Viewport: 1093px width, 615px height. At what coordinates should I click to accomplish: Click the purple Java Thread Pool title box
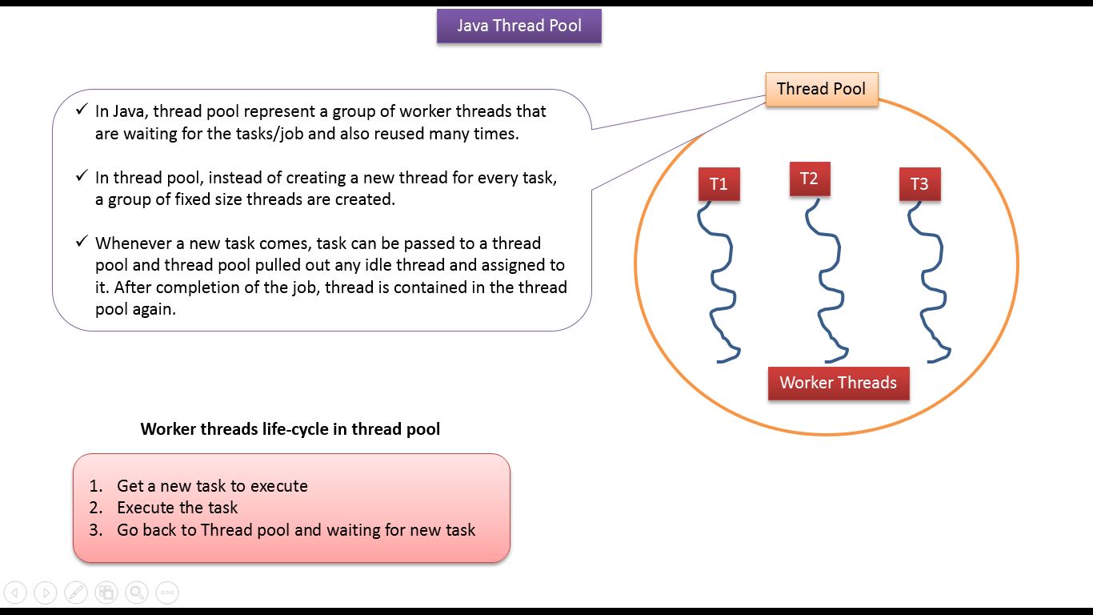pyautogui.click(x=518, y=26)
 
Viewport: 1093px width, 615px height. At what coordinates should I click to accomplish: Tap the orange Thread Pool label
pyautogui.click(x=821, y=89)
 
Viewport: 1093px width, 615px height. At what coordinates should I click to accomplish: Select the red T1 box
pyautogui.click(x=719, y=184)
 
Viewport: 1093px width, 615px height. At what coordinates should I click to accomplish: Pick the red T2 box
pyautogui.click(x=809, y=179)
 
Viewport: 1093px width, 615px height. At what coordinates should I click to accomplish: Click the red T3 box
pyautogui.click(x=919, y=184)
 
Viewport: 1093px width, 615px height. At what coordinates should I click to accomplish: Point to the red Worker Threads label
pyautogui.click(x=838, y=383)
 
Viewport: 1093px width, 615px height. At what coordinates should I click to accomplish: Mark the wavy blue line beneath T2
pyautogui.click(x=829, y=280)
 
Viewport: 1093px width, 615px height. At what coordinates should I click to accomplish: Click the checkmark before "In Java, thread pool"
pyautogui.click(x=82, y=109)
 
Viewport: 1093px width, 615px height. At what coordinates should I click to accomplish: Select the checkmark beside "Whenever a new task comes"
pyautogui.click(x=82, y=241)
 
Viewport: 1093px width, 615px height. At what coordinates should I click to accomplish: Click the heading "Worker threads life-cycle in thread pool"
pyautogui.click(x=290, y=429)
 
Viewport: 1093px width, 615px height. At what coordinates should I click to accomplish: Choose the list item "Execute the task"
pyautogui.click(x=177, y=508)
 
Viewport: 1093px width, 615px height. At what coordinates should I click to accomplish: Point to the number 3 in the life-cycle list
pyautogui.click(x=95, y=530)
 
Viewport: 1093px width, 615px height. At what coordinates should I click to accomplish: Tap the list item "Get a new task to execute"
pyautogui.click(x=212, y=486)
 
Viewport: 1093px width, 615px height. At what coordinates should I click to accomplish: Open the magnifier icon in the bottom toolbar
pyautogui.click(x=137, y=593)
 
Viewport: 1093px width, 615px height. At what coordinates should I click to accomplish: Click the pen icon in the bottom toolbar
pyautogui.click(x=76, y=593)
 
